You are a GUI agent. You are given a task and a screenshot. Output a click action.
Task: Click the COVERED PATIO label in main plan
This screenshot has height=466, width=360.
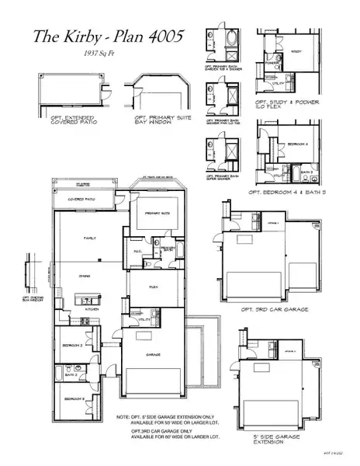pos(83,199)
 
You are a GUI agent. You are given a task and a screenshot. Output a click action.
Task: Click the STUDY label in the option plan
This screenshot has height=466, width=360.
pos(296,53)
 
